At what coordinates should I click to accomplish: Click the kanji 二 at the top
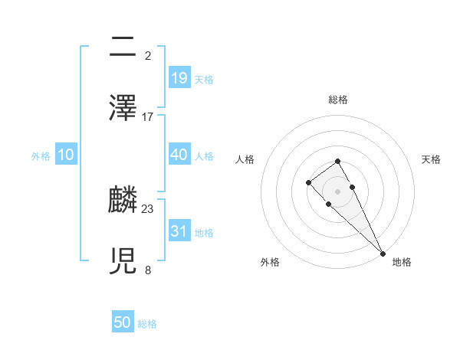[123, 48]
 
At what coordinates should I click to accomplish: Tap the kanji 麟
[123, 200]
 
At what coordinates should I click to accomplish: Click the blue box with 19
[179, 77]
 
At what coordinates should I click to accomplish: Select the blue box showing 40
[179, 155]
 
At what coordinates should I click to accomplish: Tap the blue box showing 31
[179, 231]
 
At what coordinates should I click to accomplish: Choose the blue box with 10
[66, 155]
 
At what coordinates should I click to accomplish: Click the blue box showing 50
[123, 322]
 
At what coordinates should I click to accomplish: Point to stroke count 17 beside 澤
[148, 117]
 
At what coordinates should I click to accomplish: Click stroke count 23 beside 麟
[148, 209]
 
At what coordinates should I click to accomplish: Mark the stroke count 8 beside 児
[148, 270]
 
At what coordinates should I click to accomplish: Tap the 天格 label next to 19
[204, 79]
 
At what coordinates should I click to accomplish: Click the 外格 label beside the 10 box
[41, 156]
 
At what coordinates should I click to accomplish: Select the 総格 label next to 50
[147, 324]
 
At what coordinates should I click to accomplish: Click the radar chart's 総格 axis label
[338, 100]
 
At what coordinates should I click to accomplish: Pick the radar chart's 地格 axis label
[402, 262]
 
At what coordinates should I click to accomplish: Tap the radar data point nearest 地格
[383, 253]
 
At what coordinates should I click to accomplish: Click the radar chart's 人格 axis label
[245, 159]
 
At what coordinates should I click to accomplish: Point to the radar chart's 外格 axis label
[270, 262]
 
